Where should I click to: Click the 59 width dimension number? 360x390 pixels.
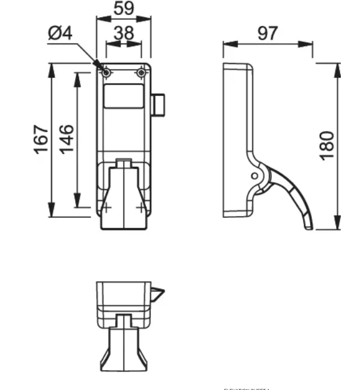(124, 8)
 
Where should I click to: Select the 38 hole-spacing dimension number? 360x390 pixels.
(124, 34)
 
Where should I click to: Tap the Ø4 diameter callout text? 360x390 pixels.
(60, 34)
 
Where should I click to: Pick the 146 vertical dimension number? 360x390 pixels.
(66, 138)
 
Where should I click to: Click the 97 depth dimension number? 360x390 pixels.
(268, 33)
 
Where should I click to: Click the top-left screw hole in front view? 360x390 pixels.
(106, 73)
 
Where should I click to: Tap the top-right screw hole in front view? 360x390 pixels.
(141, 73)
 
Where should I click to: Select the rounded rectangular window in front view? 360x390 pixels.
(124, 96)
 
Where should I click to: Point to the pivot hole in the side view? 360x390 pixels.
(254, 176)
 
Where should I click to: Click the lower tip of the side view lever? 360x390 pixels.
(308, 227)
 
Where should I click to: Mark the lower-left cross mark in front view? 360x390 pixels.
(106, 208)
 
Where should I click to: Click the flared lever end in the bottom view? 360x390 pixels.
(123, 357)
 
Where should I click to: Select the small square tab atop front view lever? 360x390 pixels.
(123, 163)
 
